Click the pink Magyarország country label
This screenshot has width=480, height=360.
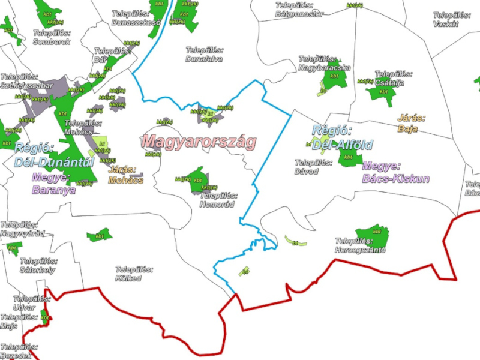coord(199,142)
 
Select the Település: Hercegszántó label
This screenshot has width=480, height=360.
coord(360,245)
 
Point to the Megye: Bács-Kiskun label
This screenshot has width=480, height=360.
coord(395,172)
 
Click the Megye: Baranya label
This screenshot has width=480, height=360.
coord(54,184)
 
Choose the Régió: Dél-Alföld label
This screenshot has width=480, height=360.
coord(342,138)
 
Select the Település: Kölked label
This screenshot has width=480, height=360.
coord(128,274)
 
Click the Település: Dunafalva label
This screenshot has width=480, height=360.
coord(204,55)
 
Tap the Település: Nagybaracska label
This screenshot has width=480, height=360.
coord(325,64)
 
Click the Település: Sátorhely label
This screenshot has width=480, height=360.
coord(38,266)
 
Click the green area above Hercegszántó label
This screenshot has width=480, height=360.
coord(372,235)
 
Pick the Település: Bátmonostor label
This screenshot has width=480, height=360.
coord(300,9)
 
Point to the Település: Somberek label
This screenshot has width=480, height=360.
coord(52,37)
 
